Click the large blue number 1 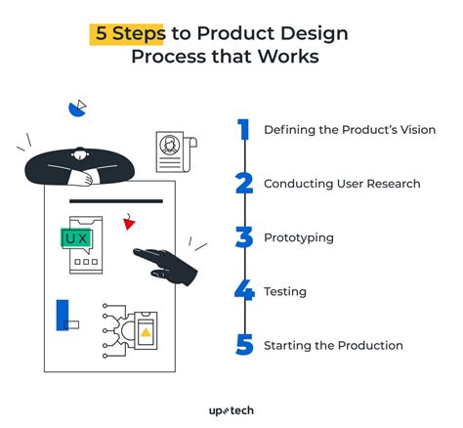[244, 130]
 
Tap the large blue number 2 [245, 184]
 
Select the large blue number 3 [245, 237]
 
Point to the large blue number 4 [245, 291]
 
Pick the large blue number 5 [245, 344]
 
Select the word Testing [284, 291]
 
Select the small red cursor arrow [128, 224]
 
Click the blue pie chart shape [74, 107]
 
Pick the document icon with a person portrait [172, 151]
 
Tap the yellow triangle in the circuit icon [146, 332]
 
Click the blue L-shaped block [64, 315]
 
